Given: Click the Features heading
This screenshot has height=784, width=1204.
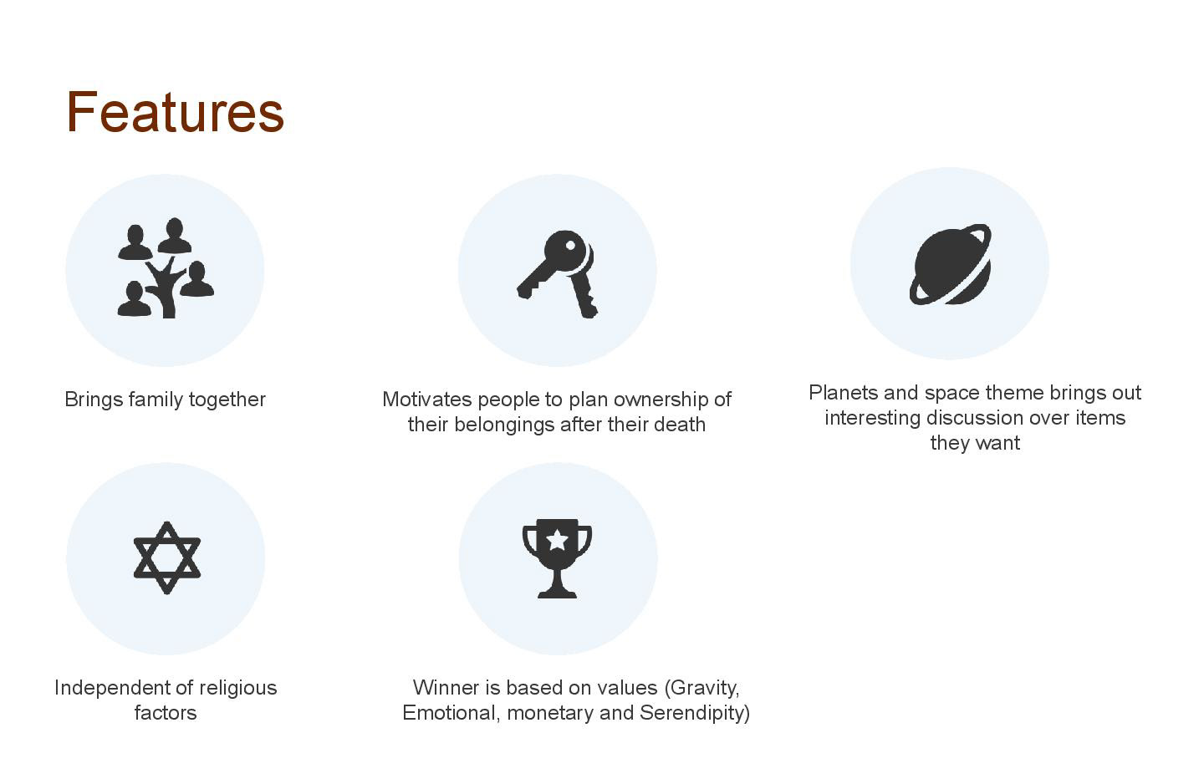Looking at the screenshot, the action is coord(175,112).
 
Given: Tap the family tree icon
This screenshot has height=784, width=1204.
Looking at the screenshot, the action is coord(166,267).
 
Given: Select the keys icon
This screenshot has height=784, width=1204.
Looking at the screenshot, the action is coord(558,274).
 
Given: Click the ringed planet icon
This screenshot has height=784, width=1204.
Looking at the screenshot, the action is coord(951,264).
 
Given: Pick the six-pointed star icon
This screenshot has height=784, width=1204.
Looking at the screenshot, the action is coord(166,557).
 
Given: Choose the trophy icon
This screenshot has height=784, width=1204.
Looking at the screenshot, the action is coord(558,558).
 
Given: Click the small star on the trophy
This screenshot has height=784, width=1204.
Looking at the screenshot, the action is coord(558,539).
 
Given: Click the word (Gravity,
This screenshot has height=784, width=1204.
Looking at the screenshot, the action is coord(702,689).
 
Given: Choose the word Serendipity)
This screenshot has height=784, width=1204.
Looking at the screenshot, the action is coord(695,714).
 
